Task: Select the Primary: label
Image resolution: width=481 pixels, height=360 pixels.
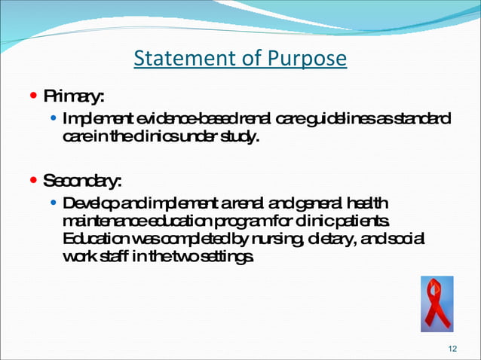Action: (x=73, y=97)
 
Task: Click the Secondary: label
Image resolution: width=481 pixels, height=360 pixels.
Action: (x=82, y=182)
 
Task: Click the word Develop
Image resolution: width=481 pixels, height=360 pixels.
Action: (x=87, y=204)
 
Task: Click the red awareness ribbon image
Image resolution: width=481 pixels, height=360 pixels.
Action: (x=437, y=304)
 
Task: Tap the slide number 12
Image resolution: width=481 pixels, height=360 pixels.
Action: (x=452, y=348)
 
